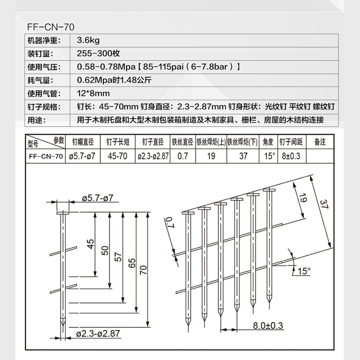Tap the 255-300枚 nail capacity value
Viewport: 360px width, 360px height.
[x=97, y=54]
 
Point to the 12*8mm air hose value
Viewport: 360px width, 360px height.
[x=94, y=93]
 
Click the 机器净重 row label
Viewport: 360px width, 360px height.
[x=43, y=41]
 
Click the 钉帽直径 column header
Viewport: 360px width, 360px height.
[x=83, y=142]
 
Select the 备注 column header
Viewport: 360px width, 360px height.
[x=320, y=142]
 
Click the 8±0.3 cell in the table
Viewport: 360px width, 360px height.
[x=291, y=156]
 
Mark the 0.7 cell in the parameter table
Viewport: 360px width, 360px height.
[x=183, y=156]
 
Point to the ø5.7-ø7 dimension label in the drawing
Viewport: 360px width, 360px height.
[x=100, y=198]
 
